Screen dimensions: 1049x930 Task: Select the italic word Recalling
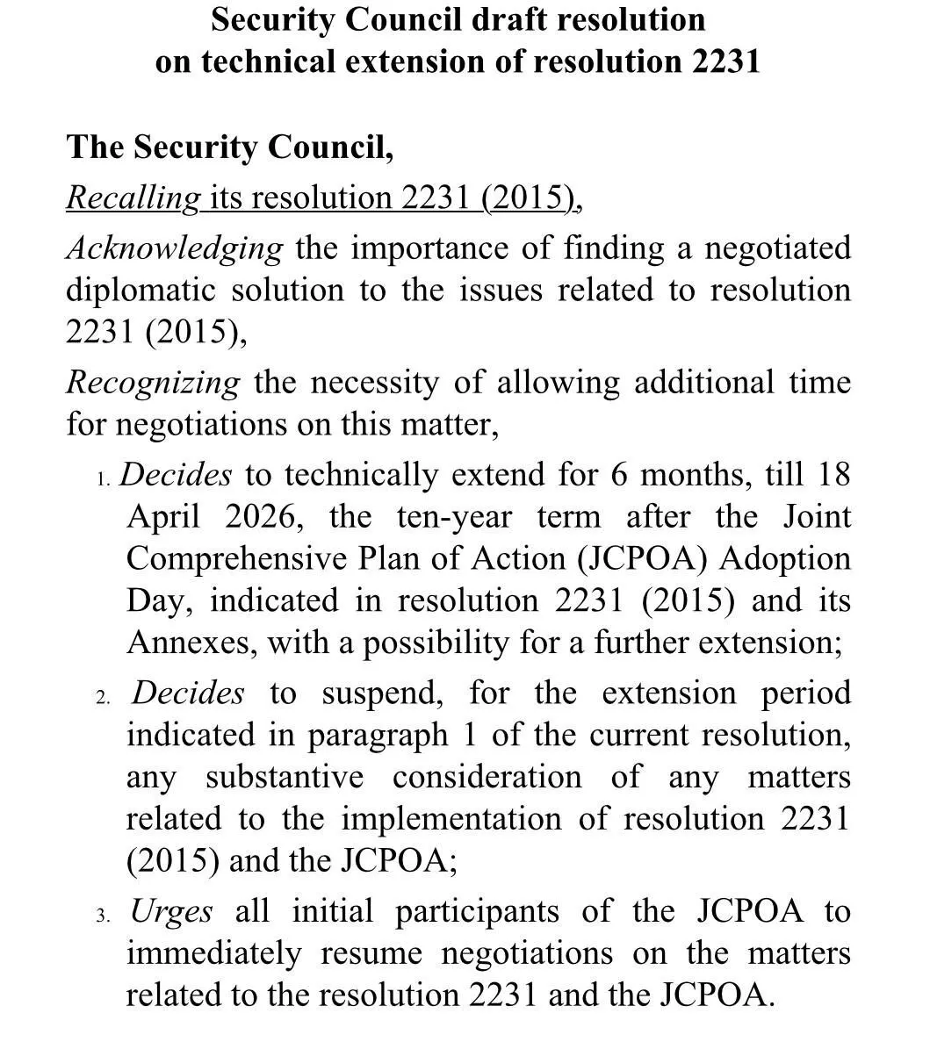(133, 198)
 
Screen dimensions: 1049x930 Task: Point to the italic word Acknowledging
(175, 248)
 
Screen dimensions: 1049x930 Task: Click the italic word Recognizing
(153, 383)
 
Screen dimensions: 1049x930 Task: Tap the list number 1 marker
(103, 479)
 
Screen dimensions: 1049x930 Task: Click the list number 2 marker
(103, 698)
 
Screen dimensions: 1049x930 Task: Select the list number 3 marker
(103, 916)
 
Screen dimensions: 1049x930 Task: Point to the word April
(163, 517)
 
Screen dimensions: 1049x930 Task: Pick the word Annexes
(191, 643)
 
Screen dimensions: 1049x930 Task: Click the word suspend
(382, 693)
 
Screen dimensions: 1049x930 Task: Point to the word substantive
(285, 778)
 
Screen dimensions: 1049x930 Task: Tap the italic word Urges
(171, 912)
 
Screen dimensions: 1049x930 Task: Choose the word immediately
(213, 953)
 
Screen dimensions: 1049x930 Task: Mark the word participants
(477, 912)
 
